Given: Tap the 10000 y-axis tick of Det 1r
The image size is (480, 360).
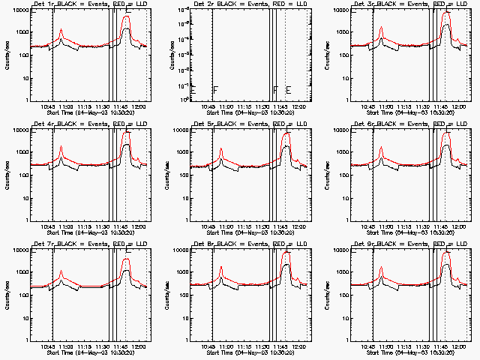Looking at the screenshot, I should click(x=20, y=10).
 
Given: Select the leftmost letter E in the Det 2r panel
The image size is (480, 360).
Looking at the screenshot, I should click(x=193, y=90).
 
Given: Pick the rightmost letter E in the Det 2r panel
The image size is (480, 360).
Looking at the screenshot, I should click(x=288, y=90).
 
